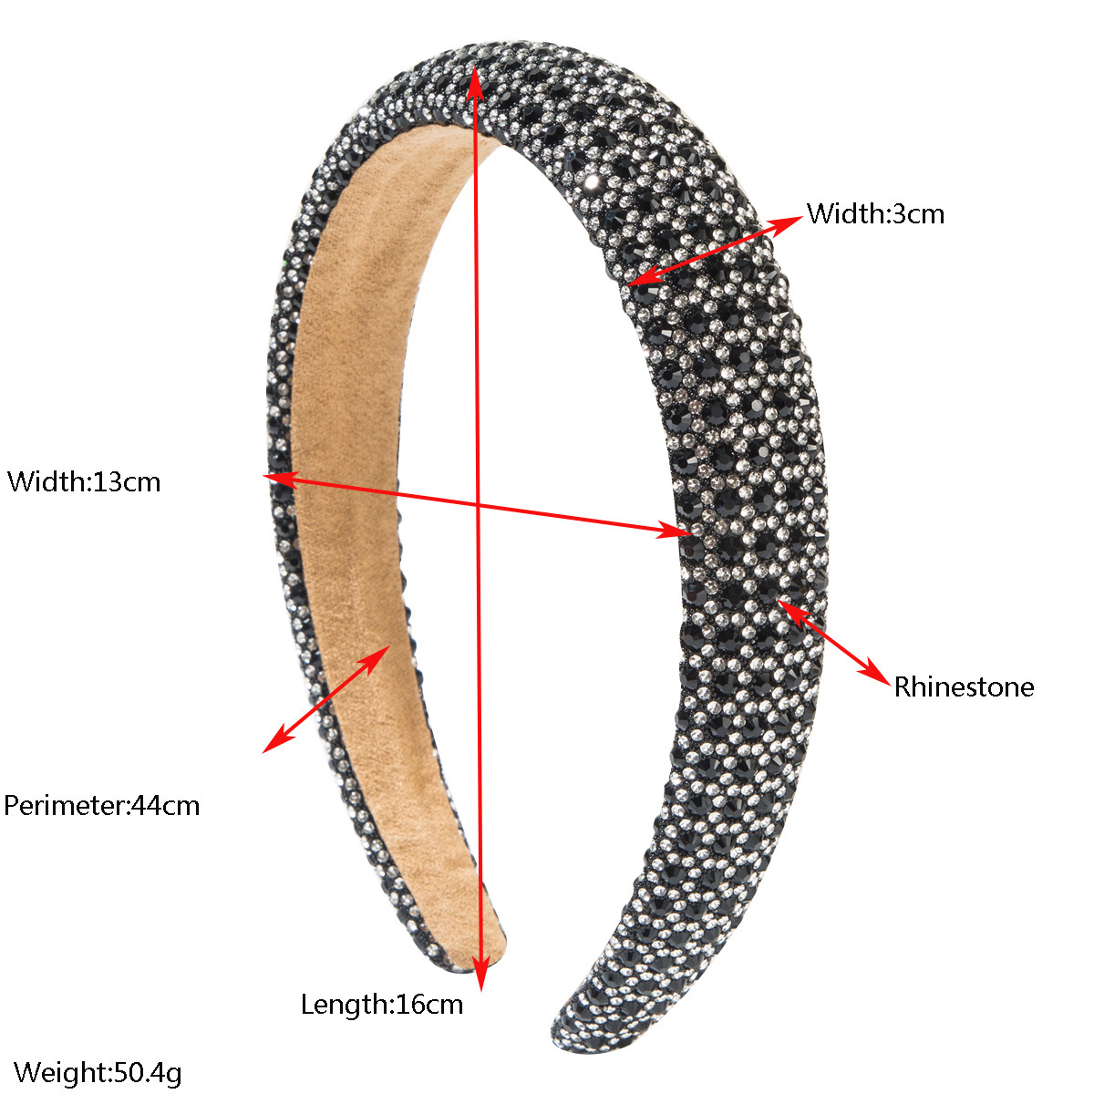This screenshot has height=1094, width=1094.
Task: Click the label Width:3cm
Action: coord(875,214)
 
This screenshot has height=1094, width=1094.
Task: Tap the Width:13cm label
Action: coord(84,481)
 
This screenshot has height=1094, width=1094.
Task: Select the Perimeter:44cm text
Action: coord(101,805)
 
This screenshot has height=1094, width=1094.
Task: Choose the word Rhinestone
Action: coord(964,687)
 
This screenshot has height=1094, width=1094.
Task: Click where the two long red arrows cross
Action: coord(478,503)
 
